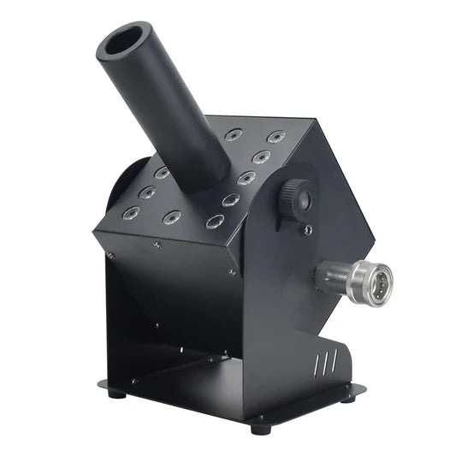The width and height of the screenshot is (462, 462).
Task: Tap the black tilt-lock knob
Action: click(x=296, y=198)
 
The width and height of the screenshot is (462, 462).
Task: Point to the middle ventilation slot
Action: click(x=321, y=365)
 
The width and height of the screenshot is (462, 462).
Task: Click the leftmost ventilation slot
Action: click(x=314, y=369)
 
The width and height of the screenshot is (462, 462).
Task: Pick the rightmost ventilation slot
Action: click(x=328, y=362)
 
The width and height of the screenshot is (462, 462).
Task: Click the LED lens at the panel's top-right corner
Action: click(x=275, y=136)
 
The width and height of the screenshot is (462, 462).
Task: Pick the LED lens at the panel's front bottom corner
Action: click(x=214, y=222)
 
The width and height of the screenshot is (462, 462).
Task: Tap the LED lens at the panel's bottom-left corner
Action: click(x=130, y=211)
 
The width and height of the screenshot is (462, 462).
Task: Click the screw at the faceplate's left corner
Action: click(x=110, y=254)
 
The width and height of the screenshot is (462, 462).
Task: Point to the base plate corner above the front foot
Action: click(x=258, y=413)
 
